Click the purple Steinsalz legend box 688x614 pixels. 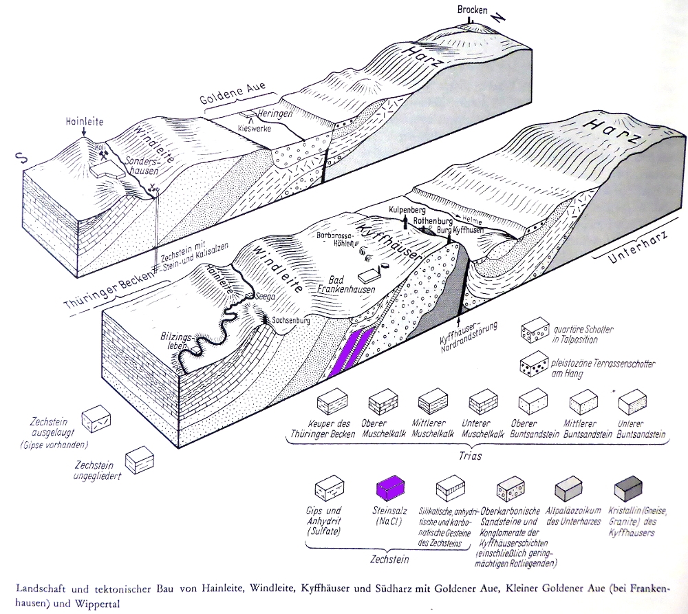389,488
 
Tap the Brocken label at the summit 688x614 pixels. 471,10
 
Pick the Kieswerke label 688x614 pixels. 251,128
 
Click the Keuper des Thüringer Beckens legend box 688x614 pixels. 332,401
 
